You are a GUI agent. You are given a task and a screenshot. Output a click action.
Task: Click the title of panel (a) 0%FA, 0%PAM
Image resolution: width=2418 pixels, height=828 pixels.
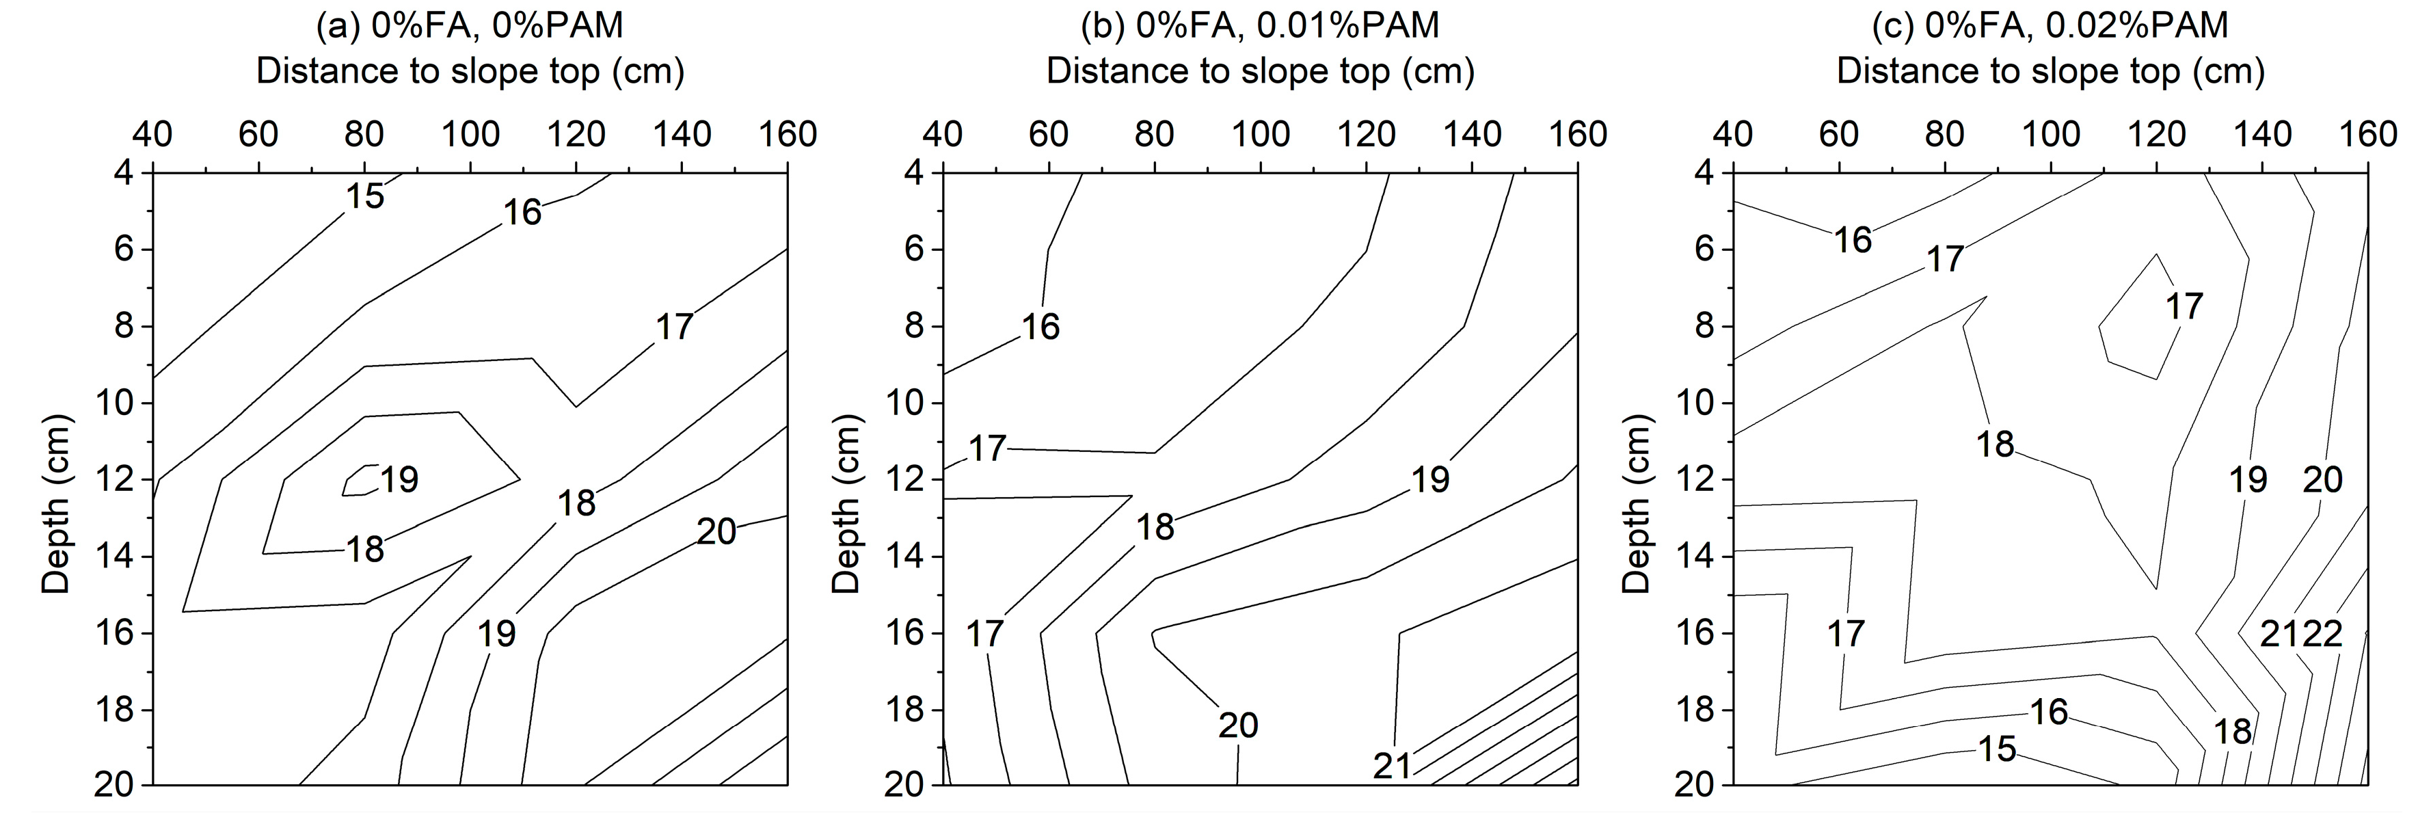(470, 25)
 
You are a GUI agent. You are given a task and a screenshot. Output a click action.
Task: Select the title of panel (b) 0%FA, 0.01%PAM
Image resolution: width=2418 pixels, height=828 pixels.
(1260, 25)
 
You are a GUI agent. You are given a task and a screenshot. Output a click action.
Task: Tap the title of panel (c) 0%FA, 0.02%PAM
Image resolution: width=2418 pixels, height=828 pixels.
(2050, 25)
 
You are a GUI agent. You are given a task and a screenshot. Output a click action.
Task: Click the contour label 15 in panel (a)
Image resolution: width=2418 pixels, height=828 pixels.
(365, 196)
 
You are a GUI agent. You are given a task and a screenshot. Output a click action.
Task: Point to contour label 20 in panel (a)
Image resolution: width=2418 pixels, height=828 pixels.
(716, 532)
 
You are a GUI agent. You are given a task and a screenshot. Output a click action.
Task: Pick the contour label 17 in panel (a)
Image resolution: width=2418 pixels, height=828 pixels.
(674, 327)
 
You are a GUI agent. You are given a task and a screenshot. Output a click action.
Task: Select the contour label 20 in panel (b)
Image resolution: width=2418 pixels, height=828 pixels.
(1238, 725)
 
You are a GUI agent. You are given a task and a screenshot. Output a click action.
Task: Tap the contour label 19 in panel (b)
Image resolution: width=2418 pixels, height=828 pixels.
(1431, 481)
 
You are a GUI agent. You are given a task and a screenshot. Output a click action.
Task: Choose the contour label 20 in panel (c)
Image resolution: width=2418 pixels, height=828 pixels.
(2322, 481)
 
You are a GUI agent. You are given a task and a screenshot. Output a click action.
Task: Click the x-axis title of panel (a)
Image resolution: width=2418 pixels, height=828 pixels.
(470, 71)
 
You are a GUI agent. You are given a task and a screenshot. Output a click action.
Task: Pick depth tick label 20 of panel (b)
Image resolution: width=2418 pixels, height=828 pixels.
(905, 785)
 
